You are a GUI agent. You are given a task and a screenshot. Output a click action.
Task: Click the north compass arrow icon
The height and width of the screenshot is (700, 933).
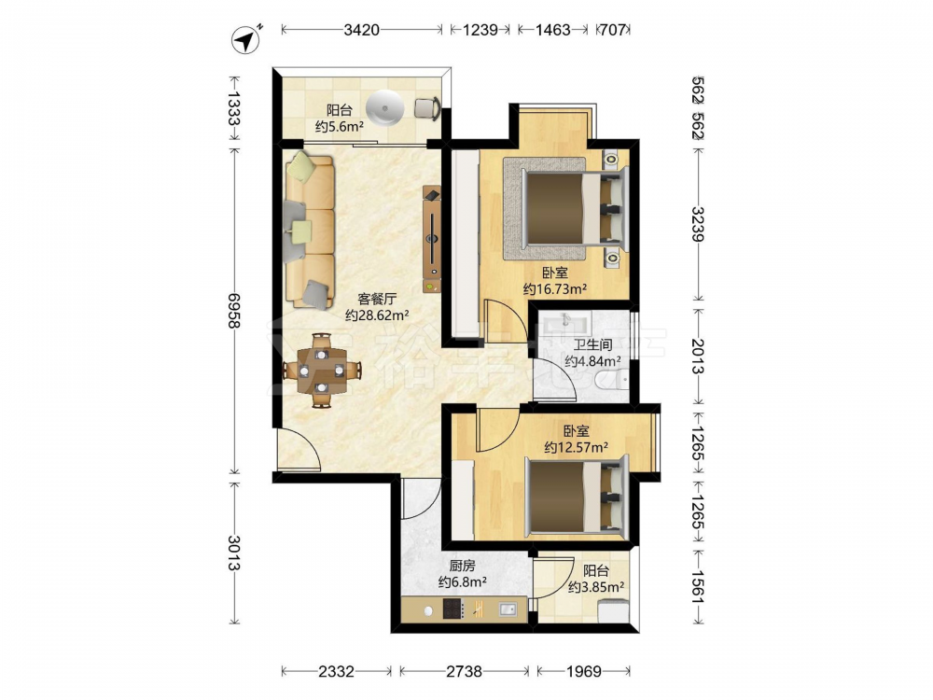tap(245, 40)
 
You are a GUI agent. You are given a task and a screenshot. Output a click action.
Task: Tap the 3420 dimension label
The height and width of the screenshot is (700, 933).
tap(361, 29)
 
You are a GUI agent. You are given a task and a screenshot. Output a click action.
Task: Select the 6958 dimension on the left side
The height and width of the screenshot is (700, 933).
tap(234, 311)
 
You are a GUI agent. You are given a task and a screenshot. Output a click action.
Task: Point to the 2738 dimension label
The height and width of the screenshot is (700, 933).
tap(464, 671)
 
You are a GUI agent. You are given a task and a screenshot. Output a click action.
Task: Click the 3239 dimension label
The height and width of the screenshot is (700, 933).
tap(698, 224)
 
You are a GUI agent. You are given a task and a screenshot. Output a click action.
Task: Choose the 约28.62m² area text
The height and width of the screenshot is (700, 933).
tap(377, 315)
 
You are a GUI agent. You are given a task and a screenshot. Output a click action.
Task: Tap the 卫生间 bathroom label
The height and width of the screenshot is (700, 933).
tap(592, 344)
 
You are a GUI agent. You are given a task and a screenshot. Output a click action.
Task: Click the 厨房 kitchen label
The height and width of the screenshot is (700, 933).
tap(462, 566)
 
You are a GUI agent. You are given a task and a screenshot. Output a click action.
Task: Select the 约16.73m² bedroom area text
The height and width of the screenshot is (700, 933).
tap(555, 289)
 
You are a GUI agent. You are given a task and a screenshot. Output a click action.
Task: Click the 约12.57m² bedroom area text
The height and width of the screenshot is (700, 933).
tap(576, 447)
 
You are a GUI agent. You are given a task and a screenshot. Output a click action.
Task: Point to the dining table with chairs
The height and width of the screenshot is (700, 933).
tap(321, 371)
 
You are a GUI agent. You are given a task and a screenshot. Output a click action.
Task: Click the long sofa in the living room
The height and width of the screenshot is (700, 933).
tap(309, 230)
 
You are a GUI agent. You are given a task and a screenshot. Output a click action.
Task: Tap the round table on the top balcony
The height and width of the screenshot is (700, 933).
tap(385, 107)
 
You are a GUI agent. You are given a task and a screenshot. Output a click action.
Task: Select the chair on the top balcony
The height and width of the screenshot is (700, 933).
tap(427, 108)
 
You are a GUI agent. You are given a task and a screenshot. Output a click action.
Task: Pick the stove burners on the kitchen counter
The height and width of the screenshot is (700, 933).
tap(453, 609)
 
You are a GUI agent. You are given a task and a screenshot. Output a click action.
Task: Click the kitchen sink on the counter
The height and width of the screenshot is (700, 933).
tap(507, 609)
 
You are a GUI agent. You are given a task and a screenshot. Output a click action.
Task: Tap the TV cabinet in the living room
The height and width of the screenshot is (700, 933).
tap(432, 239)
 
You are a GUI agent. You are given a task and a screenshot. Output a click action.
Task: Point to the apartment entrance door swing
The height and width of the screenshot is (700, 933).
tap(299, 450)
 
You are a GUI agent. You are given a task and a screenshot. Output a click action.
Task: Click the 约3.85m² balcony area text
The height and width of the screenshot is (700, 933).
tap(595, 587)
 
